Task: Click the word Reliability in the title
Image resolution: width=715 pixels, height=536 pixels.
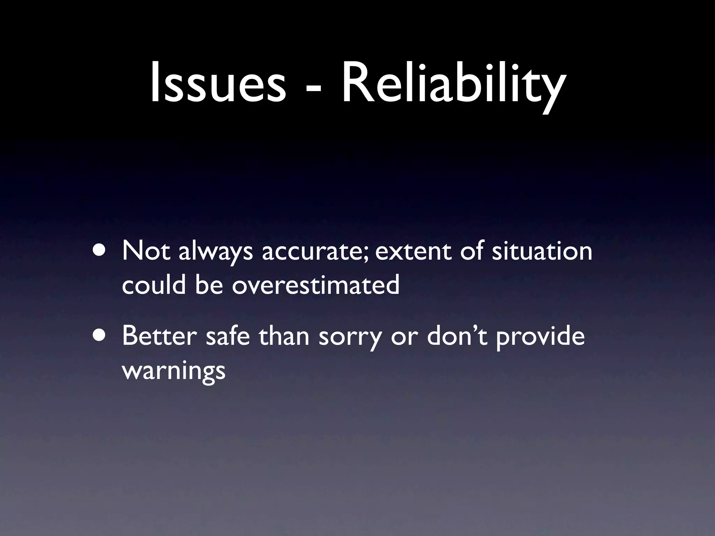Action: pyautogui.click(x=452, y=85)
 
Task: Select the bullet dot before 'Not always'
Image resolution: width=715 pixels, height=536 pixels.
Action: pyautogui.click(x=100, y=251)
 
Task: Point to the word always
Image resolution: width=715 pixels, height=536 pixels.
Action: pyautogui.click(x=215, y=252)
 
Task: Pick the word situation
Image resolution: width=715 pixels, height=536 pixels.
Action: pyautogui.click(x=542, y=251)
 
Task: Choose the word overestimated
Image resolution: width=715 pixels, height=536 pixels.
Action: pyautogui.click(x=316, y=285)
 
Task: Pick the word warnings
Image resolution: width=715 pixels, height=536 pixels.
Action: pyautogui.click(x=174, y=371)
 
